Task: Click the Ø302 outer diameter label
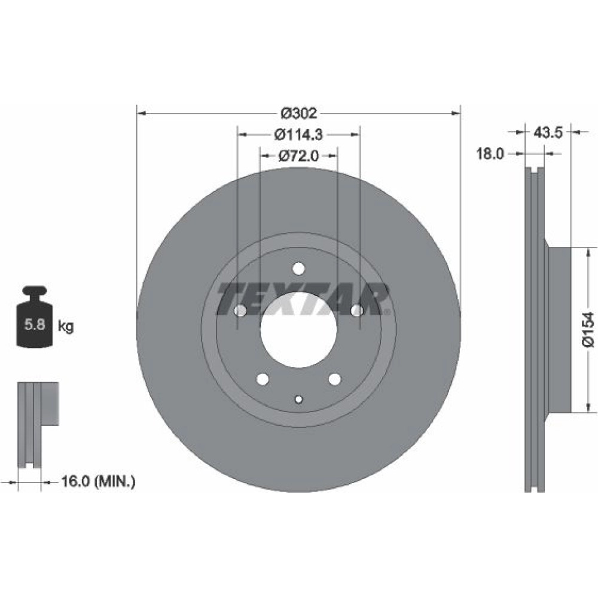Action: [298, 113]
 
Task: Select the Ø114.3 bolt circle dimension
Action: [298, 134]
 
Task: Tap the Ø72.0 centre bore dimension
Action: [298, 155]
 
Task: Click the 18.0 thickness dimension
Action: [490, 154]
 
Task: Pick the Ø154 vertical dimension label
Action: [588, 329]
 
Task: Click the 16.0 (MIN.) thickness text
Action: [98, 481]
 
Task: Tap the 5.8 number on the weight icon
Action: [35, 325]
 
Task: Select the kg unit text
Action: [66, 327]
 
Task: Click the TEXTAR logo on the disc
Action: [303, 300]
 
